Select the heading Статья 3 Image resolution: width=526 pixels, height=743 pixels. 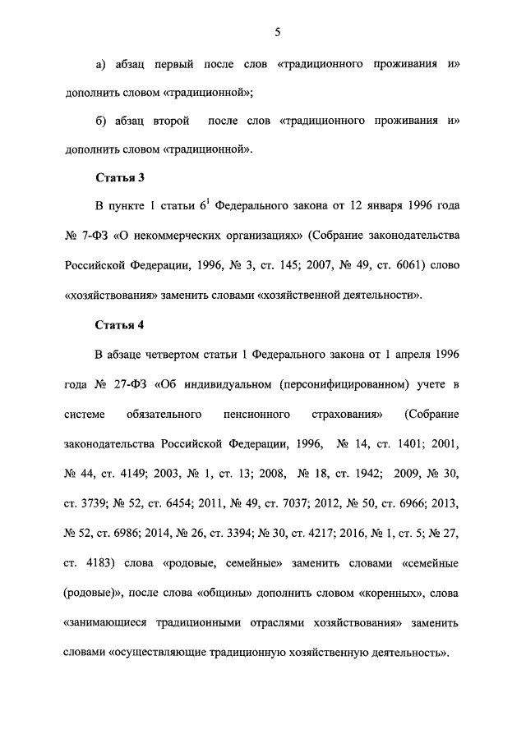pyautogui.click(x=119, y=177)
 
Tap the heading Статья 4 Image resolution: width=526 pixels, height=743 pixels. pyautogui.click(x=119, y=324)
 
